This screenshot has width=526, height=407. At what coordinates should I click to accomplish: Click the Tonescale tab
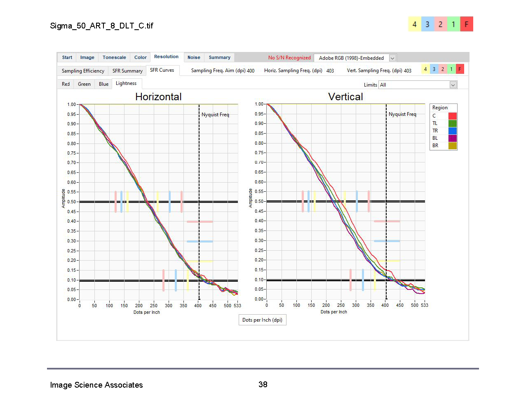click(114, 58)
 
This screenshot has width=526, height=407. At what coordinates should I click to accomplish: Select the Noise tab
click(194, 58)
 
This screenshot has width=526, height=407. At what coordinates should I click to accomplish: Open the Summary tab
click(219, 58)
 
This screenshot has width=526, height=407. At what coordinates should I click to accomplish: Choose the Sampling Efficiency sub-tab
click(83, 71)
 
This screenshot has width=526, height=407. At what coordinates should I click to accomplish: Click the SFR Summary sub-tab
click(127, 71)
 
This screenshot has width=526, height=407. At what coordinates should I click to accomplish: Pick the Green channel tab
click(84, 84)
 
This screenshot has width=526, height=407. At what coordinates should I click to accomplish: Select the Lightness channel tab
click(126, 84)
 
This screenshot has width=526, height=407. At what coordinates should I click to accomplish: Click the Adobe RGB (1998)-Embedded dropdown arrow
click(392, 58)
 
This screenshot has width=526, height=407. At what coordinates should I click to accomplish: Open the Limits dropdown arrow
click(453, 85)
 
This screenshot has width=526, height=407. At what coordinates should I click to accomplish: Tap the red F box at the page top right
click(467, 24)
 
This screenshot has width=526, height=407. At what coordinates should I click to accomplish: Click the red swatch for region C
click(453, 116)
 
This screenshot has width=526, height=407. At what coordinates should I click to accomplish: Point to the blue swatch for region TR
click(453, 131)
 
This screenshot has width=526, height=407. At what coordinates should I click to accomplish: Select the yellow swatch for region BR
click(453, 146)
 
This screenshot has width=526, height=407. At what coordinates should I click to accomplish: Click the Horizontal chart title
click(158, 97)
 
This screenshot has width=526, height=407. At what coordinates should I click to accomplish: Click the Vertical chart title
click(345, 97)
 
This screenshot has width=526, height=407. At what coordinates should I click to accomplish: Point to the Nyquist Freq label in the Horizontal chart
click(215, 115)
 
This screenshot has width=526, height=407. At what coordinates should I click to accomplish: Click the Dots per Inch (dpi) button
click(262, 320)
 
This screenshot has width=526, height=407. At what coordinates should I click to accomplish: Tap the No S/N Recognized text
click(289, 58)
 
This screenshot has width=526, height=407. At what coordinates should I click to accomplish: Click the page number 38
click(263, 384)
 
